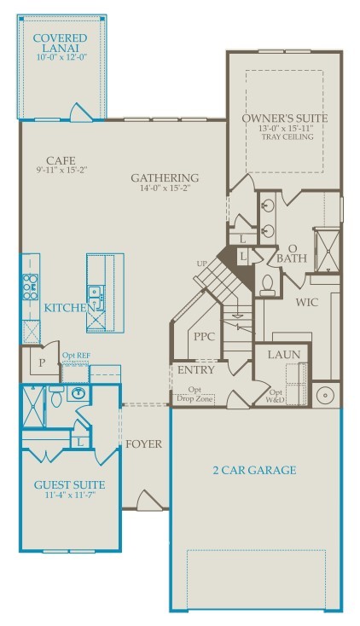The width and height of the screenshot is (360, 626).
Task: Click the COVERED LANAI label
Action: [x=60, y=38]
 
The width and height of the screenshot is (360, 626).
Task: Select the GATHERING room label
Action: [x=165, y=177]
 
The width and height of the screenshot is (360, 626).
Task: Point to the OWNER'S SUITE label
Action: [x=284, y=117]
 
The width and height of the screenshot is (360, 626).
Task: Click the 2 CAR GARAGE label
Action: [x=254, y=469]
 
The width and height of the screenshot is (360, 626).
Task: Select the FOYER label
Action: [x=143, y=443]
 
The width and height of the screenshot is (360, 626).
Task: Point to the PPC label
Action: [x=204, y=336]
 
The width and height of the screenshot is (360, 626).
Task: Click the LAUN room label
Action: [x=281, y=353]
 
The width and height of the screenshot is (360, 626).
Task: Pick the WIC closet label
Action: [x=307, y=302]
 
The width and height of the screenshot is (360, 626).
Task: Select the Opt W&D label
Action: [x=276, y=396]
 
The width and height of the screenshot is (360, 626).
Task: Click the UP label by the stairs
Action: [x=201, y=262]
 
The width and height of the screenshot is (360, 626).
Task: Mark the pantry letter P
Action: [x=40, y=362]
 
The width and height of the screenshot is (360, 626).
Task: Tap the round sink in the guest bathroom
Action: [x=78, y=393]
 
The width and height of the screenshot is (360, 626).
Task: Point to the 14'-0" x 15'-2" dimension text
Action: [x=165, y=191]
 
